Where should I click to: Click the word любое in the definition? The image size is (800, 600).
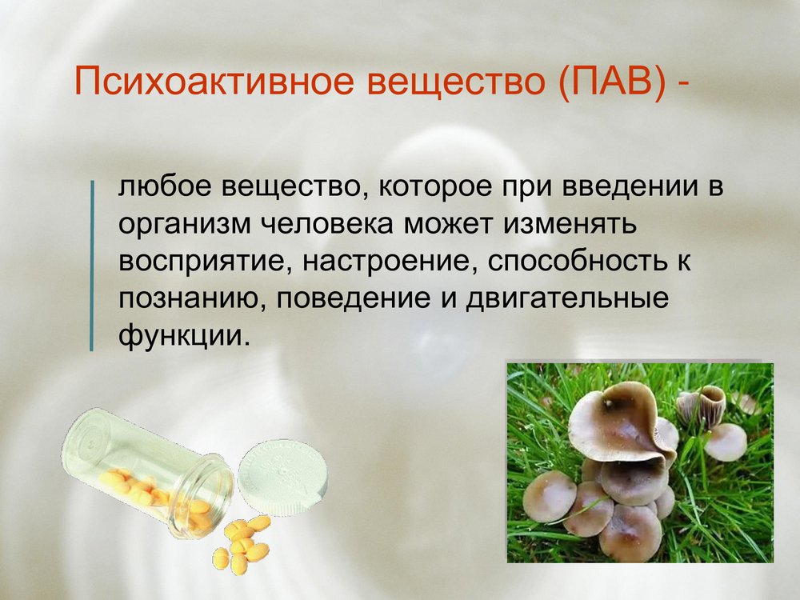point(164,186)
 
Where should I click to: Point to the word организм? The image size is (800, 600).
point(184,226)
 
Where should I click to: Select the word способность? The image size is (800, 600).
point(577,262)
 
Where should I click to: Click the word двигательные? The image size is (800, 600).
point(567,299)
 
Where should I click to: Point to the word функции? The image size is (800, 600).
point(185,336)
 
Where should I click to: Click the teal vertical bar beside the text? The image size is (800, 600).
point(92,266)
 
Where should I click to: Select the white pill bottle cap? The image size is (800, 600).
point(282,477)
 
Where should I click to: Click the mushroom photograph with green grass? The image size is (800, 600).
point(640,462)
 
